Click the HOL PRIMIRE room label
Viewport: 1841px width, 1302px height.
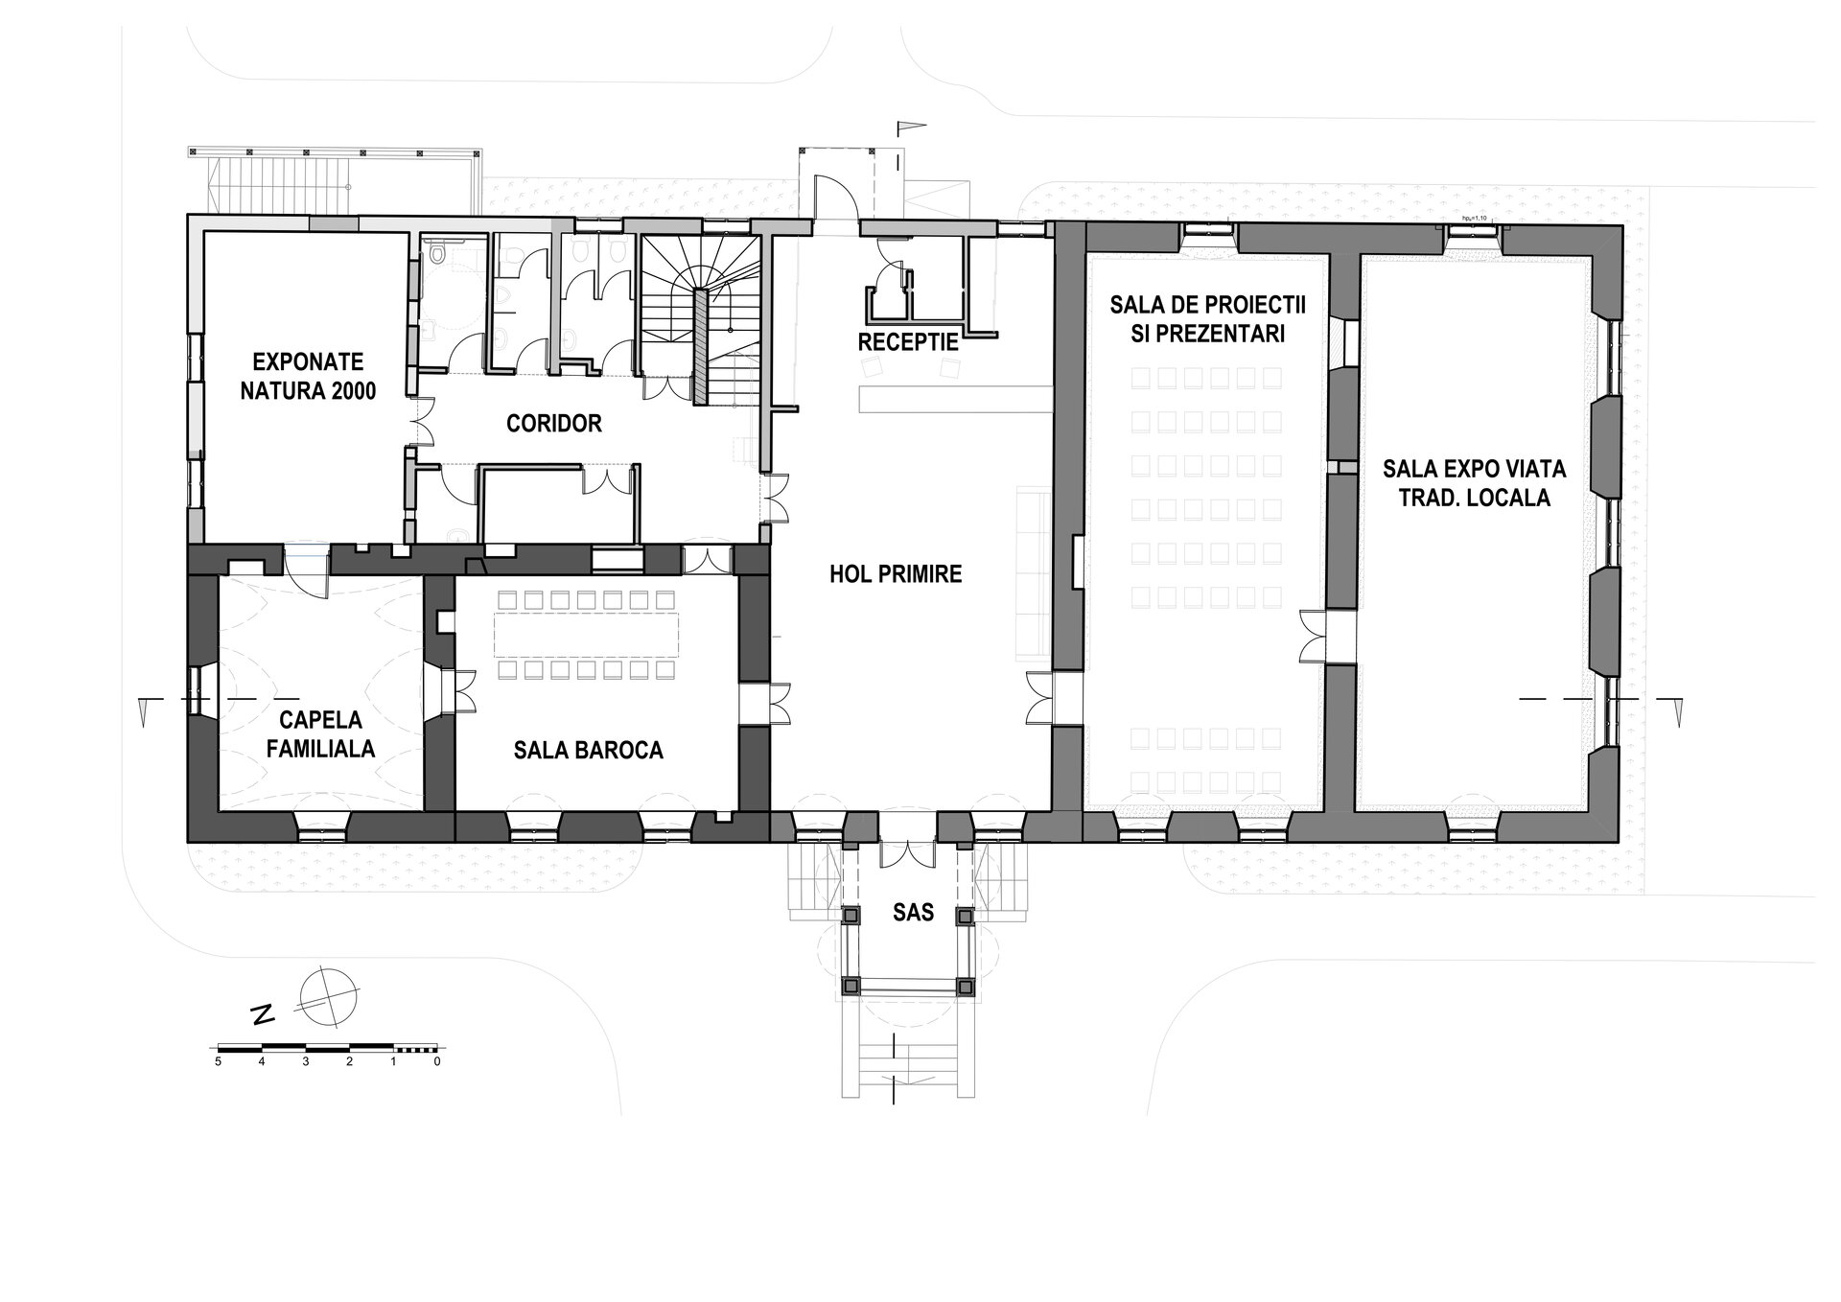click(x=896, y=574)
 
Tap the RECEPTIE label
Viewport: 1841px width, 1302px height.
click(x=909, y=342)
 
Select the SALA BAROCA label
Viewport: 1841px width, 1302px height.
click(x=589, y=750)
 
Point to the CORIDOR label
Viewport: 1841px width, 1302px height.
click(x=554, y=423)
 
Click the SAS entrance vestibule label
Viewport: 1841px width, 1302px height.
click(x=913, y=912)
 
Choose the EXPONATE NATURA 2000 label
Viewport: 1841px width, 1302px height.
click(x=309, y=376)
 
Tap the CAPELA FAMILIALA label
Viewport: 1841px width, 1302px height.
click(x=321, y=733)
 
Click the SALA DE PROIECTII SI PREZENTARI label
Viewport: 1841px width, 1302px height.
click(x=1208, y=319)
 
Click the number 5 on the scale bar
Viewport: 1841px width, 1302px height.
click(x=219, y=1061)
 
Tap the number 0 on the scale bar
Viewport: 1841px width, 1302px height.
click(x=437, y=1061)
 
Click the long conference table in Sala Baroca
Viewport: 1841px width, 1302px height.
click(x=588, y=632)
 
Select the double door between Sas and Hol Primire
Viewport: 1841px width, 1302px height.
click(x=907, y=851)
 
